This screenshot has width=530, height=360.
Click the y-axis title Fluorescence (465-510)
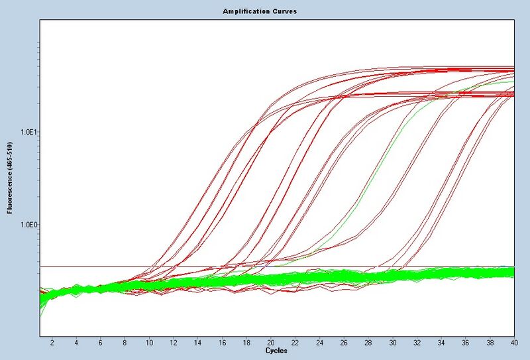click(x=10, y=178)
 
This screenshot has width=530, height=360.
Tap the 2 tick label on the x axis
click(x=52, y=342)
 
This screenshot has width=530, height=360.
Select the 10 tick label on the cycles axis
click(x=149, y=342)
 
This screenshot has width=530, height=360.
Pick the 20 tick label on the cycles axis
click(x=271, y=342)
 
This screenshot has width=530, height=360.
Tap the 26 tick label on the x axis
click(x=344, y=342)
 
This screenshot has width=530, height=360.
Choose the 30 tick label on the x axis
click(x=393, y=342)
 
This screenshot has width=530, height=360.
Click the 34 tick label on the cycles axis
click(x=441, y=342)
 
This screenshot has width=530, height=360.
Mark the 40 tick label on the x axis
click(x=513, y=342)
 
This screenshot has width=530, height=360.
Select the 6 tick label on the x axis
click(x=101, y=342)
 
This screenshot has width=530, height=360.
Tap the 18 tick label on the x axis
click(x=246, y=342)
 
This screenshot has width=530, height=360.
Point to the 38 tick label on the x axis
click(x=490, y=342)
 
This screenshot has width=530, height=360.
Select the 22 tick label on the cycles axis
click(x=295, y=342)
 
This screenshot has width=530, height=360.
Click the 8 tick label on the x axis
click(x=125, y=342)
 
